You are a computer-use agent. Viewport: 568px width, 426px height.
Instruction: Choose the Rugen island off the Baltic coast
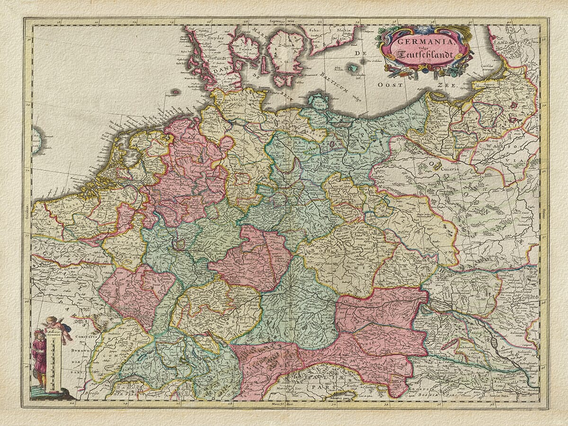pyautogui.click(x=319, y=101)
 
